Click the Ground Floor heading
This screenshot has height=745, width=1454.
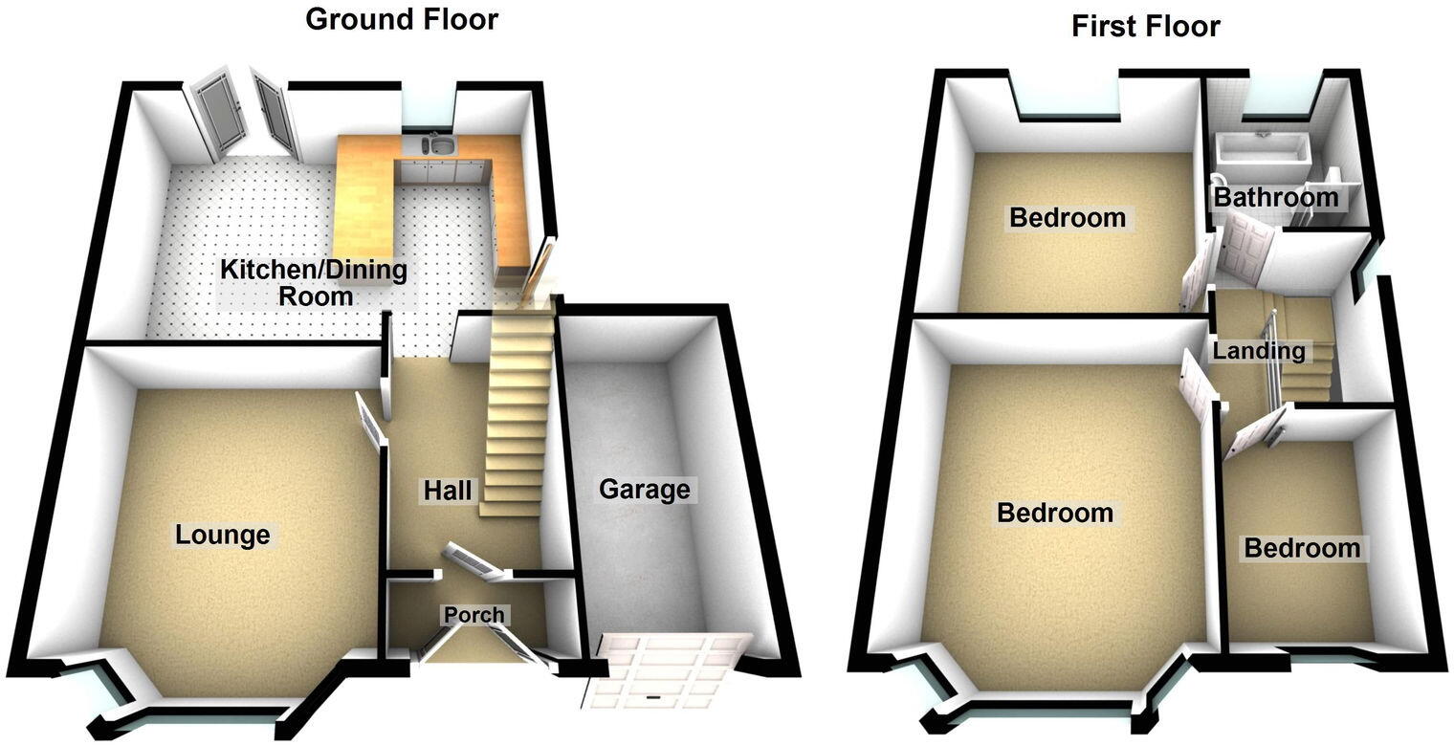coord(401,18)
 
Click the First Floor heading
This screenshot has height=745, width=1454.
coord(1145,26)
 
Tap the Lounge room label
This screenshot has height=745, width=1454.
coord(222,534)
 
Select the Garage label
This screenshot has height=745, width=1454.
coord(644,490)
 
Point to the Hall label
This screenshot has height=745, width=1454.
coord(448,491)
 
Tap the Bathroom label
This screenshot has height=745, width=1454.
coord(1276,198)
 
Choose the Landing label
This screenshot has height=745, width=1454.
coord(1258,351)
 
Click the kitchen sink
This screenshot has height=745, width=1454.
coord(440,145)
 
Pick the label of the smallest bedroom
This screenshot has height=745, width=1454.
coord(1301,548)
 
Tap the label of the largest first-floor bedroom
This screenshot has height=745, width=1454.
coord(1054,513)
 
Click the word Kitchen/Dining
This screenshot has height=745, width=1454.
coord(314,270)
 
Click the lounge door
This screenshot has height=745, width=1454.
coord(369,421)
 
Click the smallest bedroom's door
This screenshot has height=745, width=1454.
coord(1253,433)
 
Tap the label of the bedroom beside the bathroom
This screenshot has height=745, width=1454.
coord(1068,217)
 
